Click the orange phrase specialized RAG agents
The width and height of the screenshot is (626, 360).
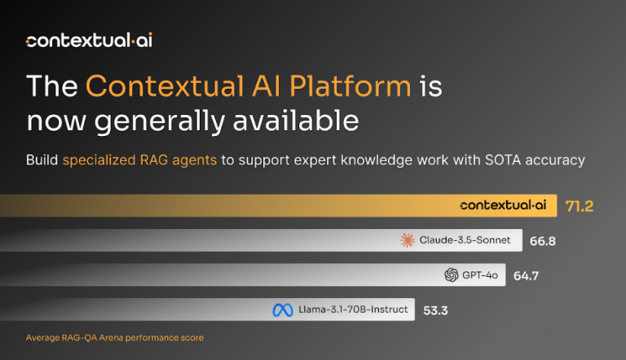click(x=139, y=160)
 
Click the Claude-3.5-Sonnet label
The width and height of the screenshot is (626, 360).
click(x=466, y=240)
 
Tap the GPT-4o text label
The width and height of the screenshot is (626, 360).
click(x=481, y=275)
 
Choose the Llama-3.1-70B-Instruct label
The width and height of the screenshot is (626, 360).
click(x=353, y=310)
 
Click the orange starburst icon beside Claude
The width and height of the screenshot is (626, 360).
click(x=408, y=240)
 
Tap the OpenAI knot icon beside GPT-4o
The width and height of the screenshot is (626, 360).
click(x=452, y=275)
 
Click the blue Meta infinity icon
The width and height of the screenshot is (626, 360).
click(x=282, y=310)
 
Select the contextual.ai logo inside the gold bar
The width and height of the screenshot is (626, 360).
click(x=502, y=206)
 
